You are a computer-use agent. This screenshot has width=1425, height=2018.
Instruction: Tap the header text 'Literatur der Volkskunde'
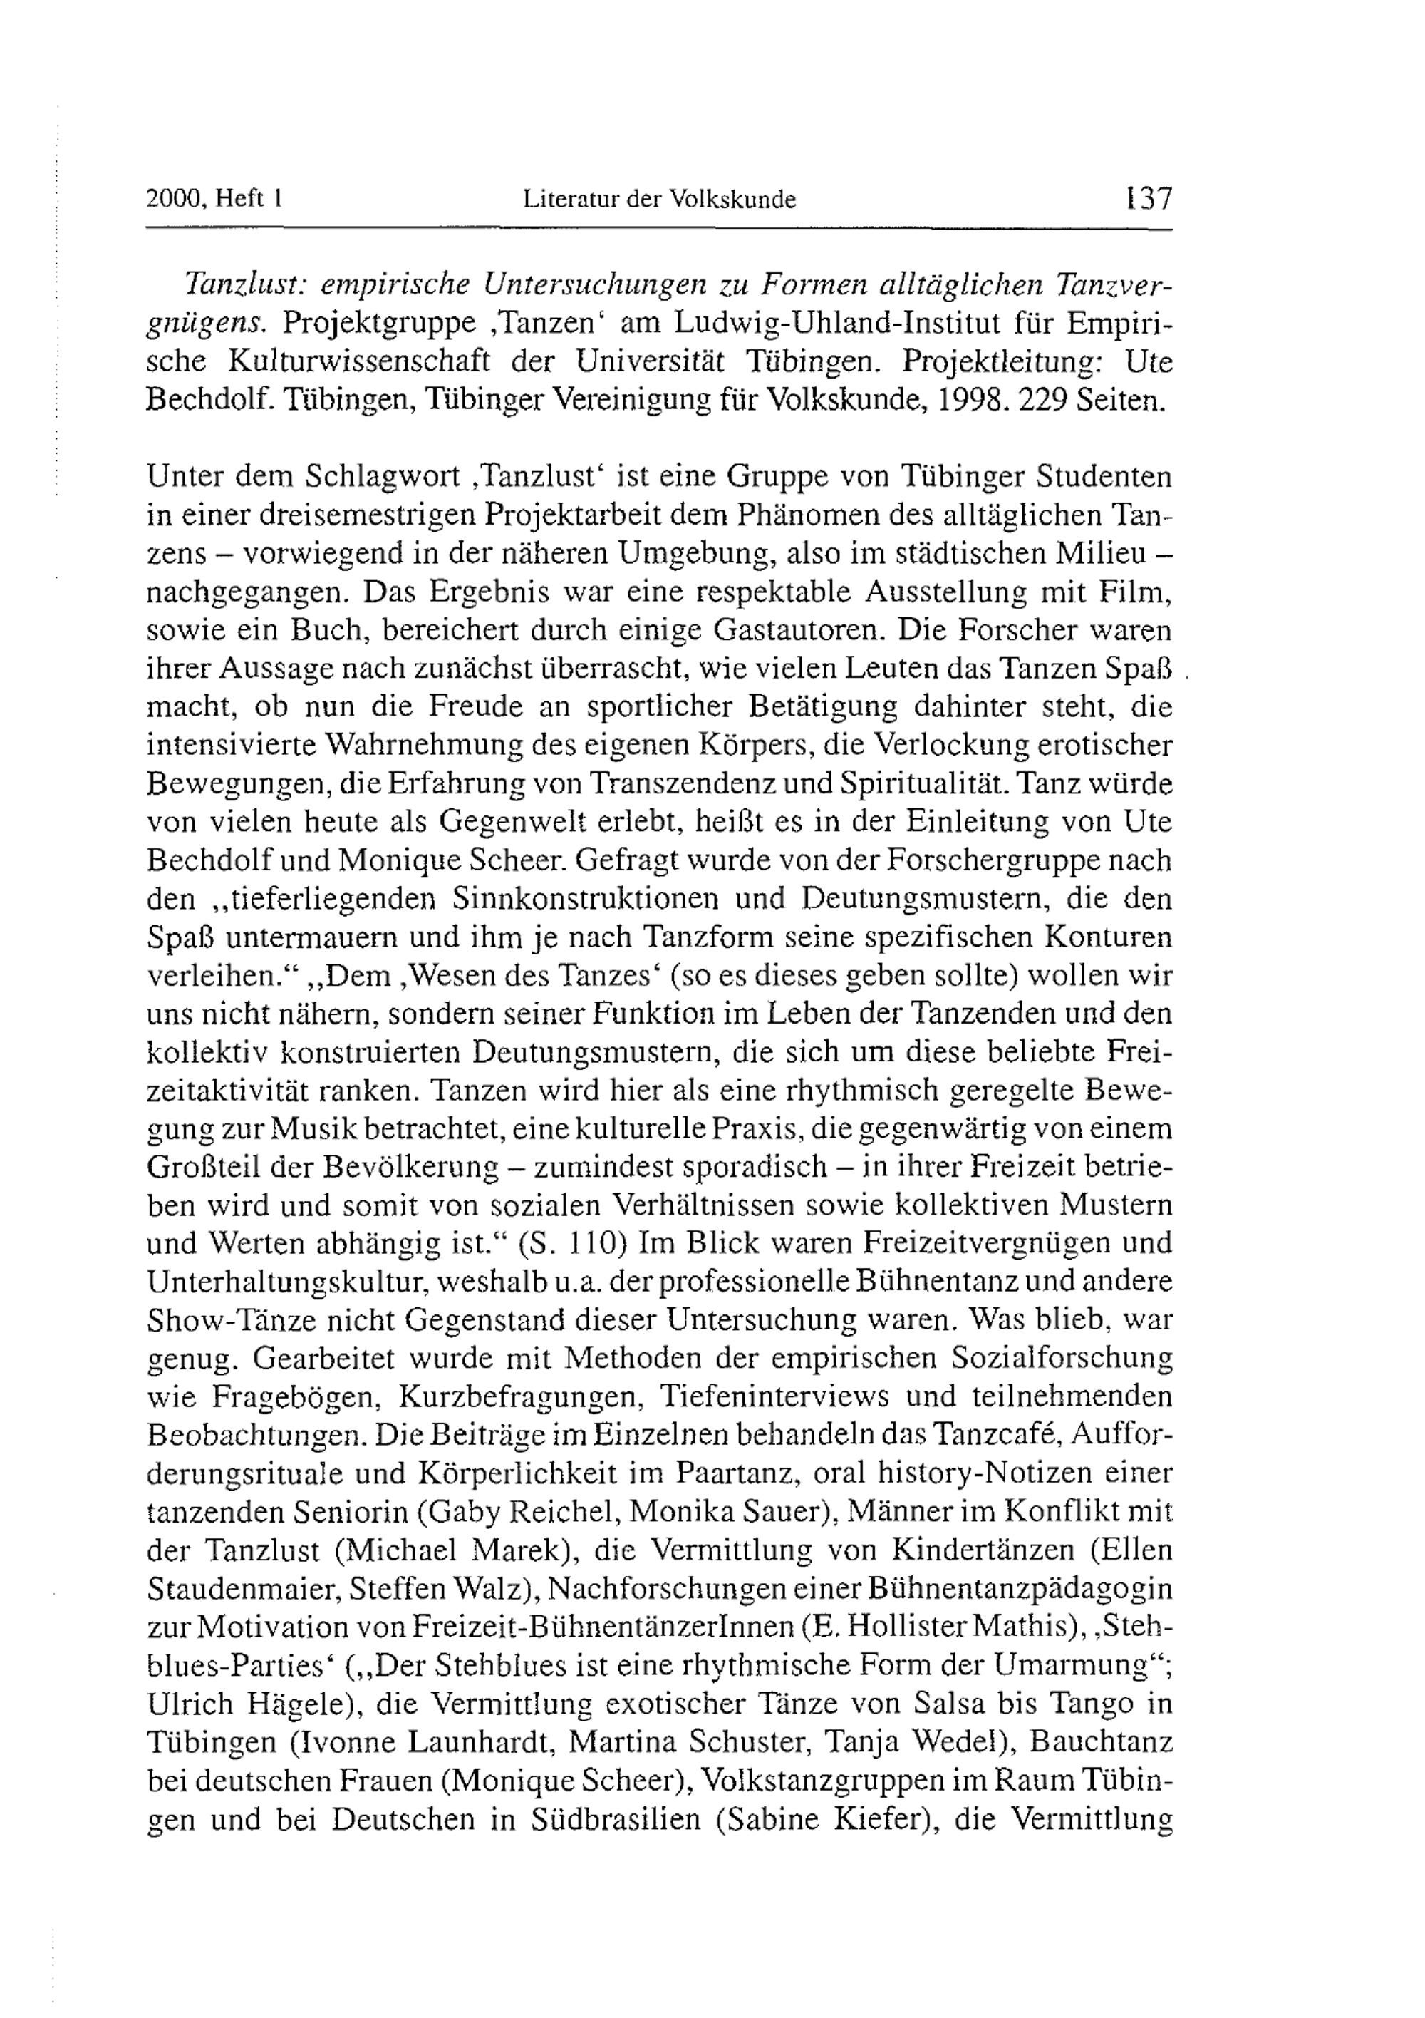tap(659, 200)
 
